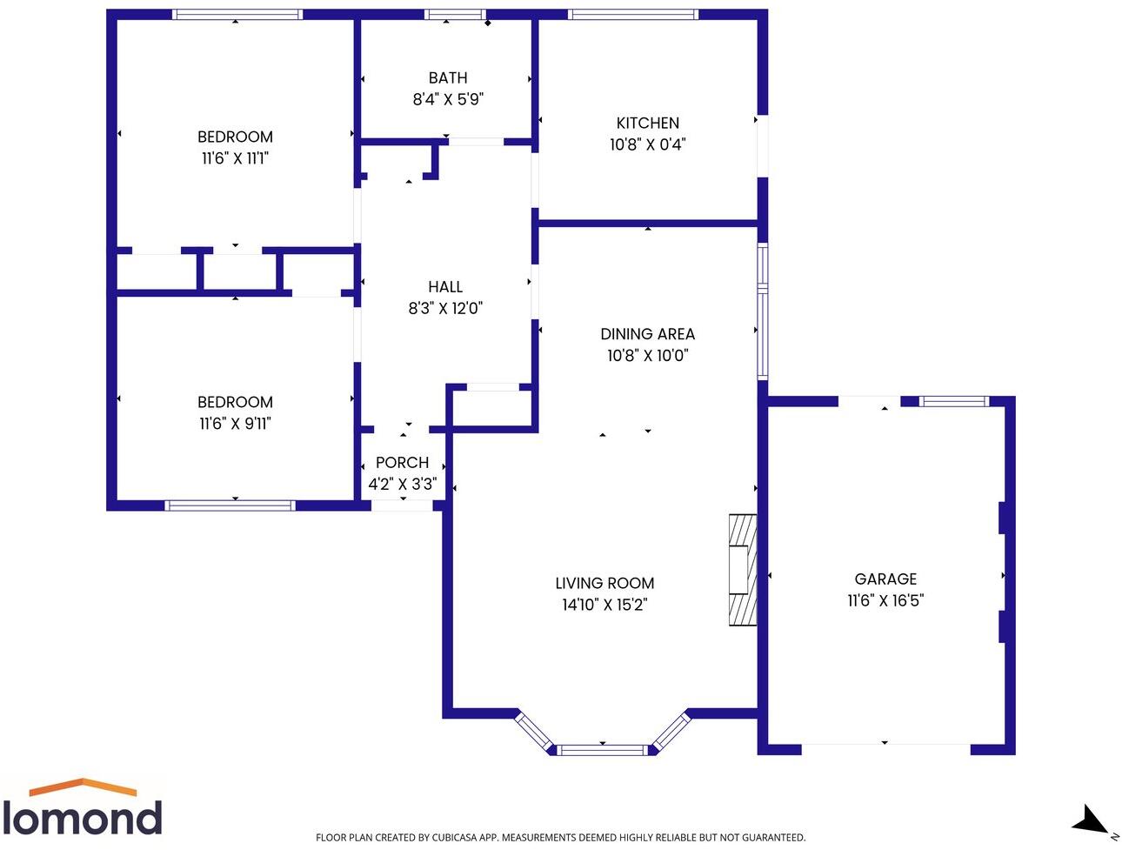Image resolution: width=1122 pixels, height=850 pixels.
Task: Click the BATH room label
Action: coord(447,78)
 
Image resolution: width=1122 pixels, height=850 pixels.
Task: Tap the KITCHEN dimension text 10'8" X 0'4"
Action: coord(647,144)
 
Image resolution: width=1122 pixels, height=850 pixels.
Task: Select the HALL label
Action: coord(445,286)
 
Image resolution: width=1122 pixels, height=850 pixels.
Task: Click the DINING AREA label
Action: coord(647,334)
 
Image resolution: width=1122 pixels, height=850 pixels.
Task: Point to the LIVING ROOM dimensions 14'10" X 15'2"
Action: coord(604,605)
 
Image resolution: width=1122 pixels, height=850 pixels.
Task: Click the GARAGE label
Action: coord(885,579)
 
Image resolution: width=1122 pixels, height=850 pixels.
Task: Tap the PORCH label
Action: coord(402,463)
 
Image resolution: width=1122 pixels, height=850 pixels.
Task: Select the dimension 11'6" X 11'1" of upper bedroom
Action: coord(235,158)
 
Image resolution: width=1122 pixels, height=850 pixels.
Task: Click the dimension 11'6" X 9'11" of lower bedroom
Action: coord(235,424)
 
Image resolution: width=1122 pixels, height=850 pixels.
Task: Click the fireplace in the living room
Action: coord(742,570)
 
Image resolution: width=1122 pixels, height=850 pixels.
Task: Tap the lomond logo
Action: coord(83,809)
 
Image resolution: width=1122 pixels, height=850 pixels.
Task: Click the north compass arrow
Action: coord(1091,820)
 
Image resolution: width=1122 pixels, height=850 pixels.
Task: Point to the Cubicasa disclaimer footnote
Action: coord(560,837)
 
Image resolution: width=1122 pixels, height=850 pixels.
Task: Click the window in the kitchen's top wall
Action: coord(633,14)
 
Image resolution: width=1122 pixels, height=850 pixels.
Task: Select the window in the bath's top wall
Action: coord(454,14)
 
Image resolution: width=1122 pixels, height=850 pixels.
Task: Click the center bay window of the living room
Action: coord(603,749)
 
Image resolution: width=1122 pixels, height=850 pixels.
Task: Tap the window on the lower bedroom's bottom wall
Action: coord(230,505)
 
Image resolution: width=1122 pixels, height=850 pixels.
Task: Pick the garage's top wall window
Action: coord(954,401)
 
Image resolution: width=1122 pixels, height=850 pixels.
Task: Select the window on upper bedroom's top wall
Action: coord(237,14)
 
